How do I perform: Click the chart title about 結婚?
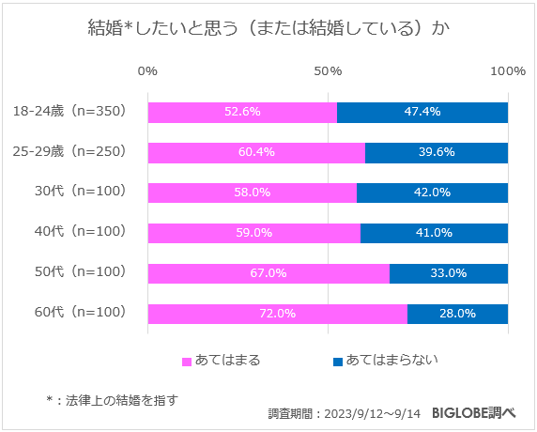point(268,28)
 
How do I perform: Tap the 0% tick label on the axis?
point(147,72)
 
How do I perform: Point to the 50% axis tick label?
point(328,72)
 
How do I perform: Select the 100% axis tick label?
point(508,72)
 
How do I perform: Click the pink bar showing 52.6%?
point(242,112)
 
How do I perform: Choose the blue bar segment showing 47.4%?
point(422,112)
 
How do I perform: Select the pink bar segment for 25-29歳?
point(256,152)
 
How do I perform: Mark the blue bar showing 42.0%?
point(432,193)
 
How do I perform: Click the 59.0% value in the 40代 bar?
point(253,233)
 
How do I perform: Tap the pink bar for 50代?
point(268,273)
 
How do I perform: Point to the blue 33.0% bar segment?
point(449,273)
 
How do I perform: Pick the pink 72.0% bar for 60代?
point(277,314)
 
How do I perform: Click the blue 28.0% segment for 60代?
point(457,314)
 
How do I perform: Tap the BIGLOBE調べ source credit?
point(474,413)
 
